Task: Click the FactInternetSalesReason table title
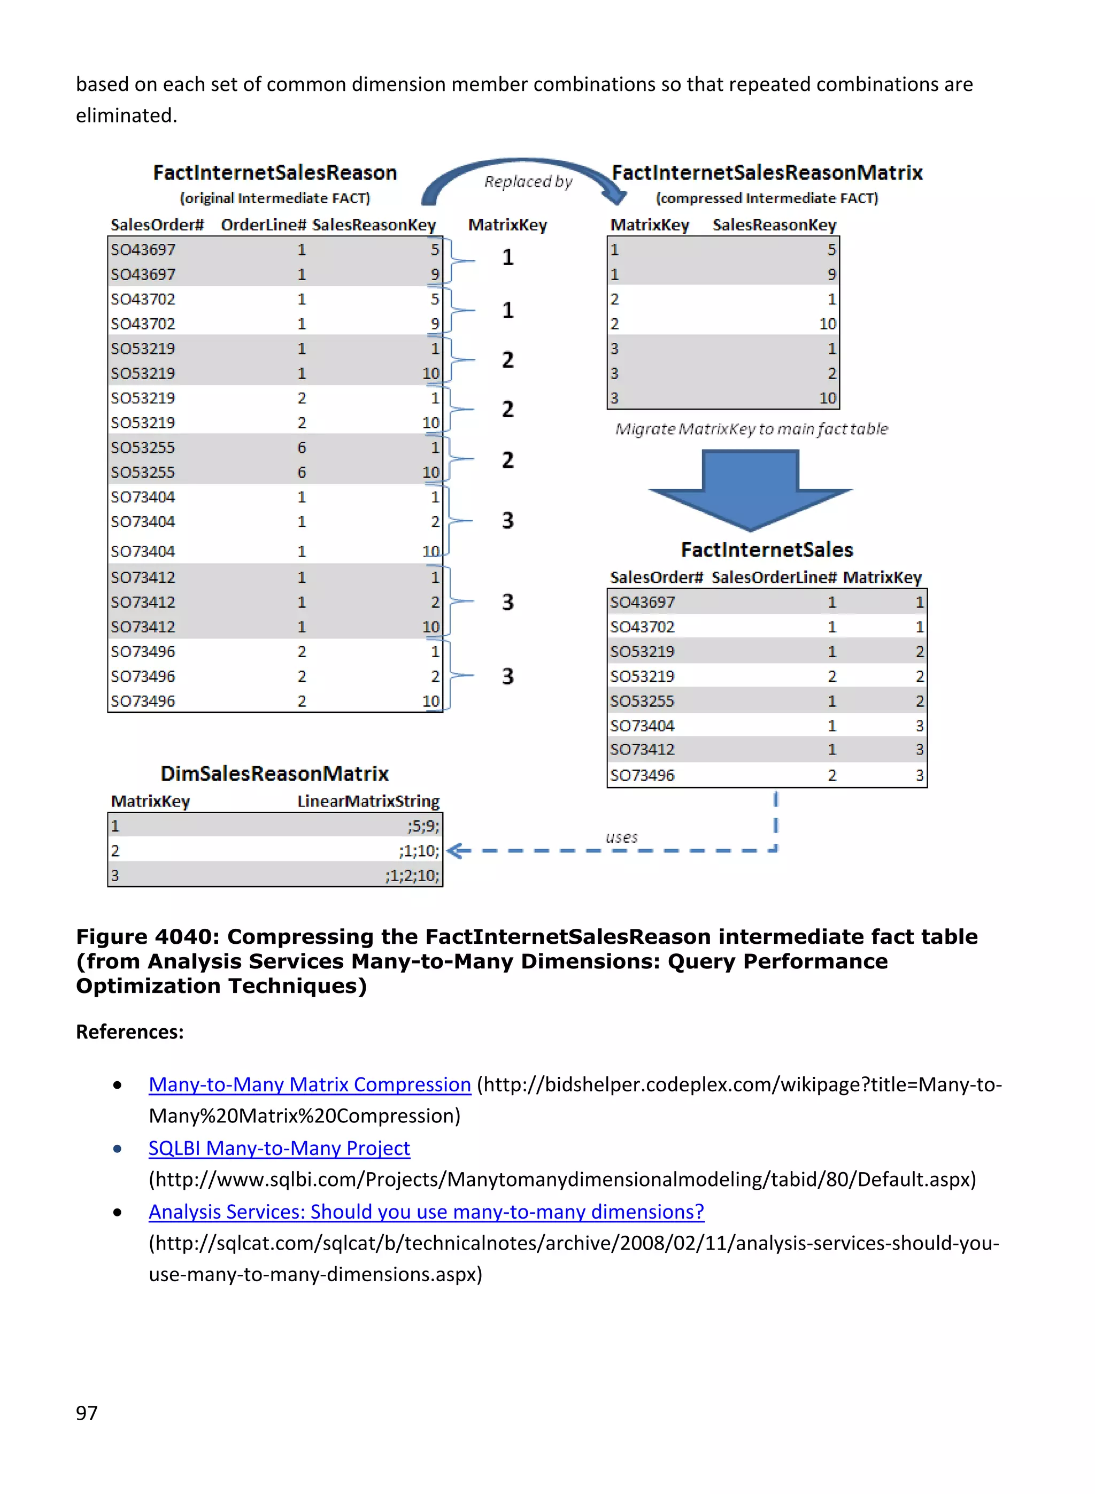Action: click(274, 173)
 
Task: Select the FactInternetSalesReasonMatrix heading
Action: click(766, 173)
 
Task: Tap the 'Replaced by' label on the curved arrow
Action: click(528, 182)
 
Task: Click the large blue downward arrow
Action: click(750, 489)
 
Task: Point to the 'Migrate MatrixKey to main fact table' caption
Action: click(751, 429)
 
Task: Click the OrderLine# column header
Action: click(263, 225)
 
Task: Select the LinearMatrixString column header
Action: click(368, 802)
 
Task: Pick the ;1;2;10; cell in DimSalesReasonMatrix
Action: click(412, 875)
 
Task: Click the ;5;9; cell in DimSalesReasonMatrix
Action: click(423, 826)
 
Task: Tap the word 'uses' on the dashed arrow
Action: click(621, 837)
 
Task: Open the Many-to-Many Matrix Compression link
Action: click(310, 1084)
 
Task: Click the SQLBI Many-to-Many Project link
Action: click(279, 1148)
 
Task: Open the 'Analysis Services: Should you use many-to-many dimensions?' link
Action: click(426, 1212)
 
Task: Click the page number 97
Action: click(87, 1413)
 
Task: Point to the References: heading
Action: click(130, 1032)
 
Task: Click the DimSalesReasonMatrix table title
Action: click(274, 774)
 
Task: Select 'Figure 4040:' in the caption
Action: click(147, 937)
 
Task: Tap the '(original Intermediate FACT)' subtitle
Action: click(274, 198)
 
